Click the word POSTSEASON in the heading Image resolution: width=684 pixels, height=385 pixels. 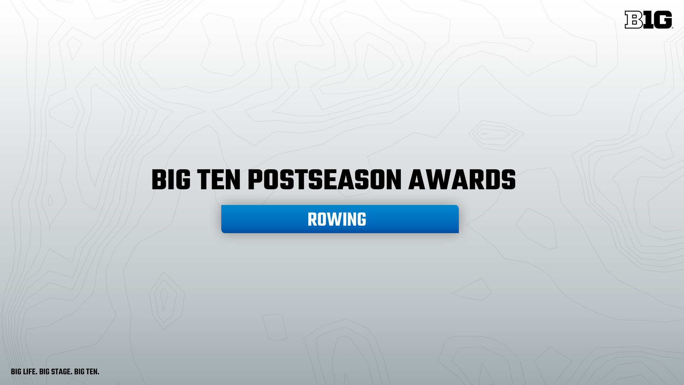[325, 180]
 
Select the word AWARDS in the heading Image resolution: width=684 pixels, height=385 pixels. [462, 180]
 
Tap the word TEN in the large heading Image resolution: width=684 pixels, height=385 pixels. [219, 180]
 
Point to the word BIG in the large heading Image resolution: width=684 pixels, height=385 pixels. [171, 180]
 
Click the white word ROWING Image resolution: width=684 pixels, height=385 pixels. [337, 220]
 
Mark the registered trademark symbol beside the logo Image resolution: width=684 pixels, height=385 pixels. [673, 27]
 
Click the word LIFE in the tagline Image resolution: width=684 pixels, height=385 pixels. [30, 372]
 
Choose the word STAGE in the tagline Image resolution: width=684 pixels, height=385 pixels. [62, 372]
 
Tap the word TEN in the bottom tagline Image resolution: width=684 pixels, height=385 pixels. [92, 372]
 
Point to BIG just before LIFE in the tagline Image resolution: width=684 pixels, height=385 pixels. [16, 372]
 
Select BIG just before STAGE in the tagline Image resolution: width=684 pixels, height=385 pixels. [44, 372]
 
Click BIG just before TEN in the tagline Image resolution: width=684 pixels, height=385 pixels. [79, 372]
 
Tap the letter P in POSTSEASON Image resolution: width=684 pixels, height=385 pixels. [255, 180]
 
